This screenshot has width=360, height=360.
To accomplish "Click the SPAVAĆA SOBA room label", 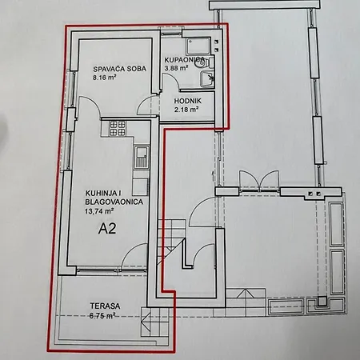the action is [x=120, y=69].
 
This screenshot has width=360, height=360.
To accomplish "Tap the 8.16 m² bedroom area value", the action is [x=104, y=78].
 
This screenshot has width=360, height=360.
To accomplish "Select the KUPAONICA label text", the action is [x=185, y=59].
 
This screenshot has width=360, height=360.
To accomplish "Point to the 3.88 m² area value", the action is [x=176, y=68].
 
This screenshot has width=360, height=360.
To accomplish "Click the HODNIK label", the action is [x=188, y=101].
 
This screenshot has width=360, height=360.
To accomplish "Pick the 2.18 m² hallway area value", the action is [x=186, y=110].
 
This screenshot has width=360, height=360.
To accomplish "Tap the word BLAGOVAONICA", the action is [x=114, y=202].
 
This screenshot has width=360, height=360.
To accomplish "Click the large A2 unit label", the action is [x=107, y=229].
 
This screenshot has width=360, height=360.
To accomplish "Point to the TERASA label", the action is [x=105, y=306].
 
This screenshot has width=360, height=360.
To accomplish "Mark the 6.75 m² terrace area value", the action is [x=102, y=316].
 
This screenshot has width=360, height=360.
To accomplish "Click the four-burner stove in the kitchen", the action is [x=118, y=128].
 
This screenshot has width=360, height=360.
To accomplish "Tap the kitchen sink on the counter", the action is [x=141, y=157].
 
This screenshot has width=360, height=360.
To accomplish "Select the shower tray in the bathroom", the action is [x=198, y=46].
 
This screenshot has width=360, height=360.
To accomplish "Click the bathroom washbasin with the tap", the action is [x=207, y=79].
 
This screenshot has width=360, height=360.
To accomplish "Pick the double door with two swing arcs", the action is [x=259, y=181].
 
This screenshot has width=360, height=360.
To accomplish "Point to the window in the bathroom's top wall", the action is [x=171, y=34].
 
